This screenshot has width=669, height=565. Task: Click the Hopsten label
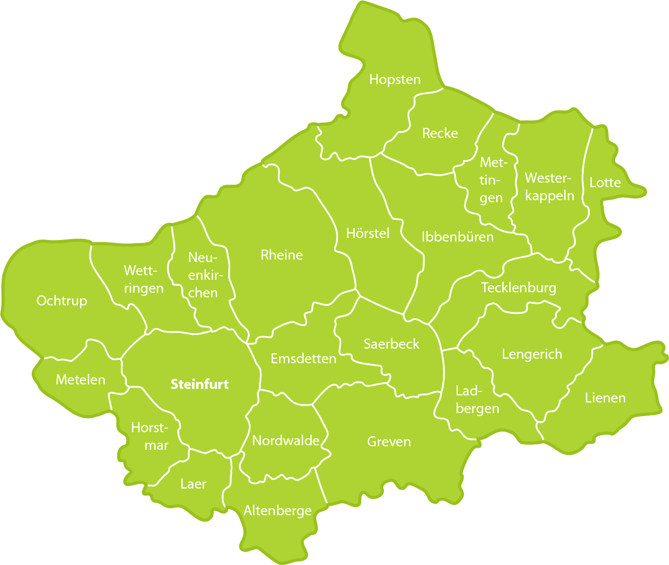pos(394,79)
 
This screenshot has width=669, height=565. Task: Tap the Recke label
pos(440,133)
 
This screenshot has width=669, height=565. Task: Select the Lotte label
pos(605,183)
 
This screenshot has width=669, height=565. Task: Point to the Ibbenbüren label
pos(457,237)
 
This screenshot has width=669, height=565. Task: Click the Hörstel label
pos(368,233)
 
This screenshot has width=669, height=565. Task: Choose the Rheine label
pos(282,255)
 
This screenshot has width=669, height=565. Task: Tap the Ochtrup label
pos(62,301)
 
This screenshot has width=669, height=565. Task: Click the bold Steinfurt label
pos(199,384)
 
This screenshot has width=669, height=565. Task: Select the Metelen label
pos(81,380)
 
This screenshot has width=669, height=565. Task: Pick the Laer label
pos(193,484)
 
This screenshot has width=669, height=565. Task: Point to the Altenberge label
pos(278,511)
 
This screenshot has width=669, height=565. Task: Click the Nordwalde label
pos(286,441)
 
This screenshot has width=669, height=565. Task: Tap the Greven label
pos(389,442)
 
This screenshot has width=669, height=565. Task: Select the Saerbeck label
pos(391,344)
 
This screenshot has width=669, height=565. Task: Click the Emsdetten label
pos(303,359)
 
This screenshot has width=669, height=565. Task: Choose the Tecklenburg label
pos(518,288)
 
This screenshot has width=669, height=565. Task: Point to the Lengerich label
pos(532,354)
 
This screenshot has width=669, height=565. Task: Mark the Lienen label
pos(605,398)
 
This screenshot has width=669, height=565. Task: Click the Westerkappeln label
pos(549,187)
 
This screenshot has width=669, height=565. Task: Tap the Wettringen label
pos(144,280)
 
